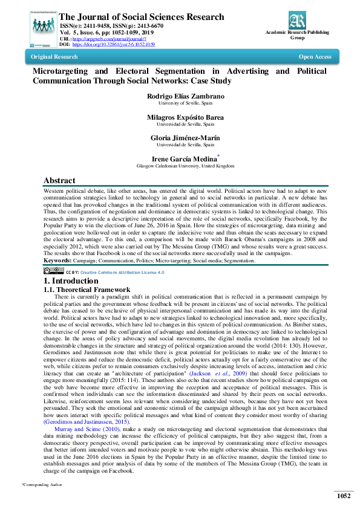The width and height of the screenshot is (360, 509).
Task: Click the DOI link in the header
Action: pyautogui.click(x=114, y=44)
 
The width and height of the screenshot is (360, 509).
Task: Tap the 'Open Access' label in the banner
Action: pyautogui.click(x=315, y=57)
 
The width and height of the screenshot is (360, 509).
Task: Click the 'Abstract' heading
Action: pyautogui.click(x=59, y=180)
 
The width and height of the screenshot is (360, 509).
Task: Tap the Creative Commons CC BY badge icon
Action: pyautogui.click(x=53, y=272)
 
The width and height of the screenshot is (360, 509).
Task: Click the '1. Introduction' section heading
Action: pyautogui.click(x=71, y=281)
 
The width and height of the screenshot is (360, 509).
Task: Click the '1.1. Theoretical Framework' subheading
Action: pyautogui.click(x=87, y=290)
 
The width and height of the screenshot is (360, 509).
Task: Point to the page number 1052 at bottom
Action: pyautogui.click(x=344, y=496)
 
